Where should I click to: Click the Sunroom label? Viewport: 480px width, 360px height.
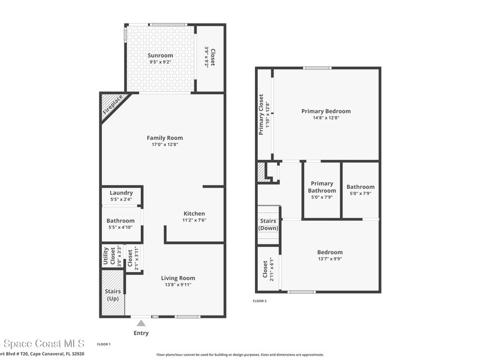pos(160,55)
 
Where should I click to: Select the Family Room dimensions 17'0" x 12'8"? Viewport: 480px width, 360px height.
pos(165,145)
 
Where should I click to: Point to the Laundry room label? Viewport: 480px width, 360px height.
pos(121,193)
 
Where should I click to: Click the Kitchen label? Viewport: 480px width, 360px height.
pos(194,214)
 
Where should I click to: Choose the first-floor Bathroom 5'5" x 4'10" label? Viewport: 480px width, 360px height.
pos(120,221)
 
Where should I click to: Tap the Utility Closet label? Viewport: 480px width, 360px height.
pos(109,256)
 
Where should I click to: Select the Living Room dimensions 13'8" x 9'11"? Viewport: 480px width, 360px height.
pos(178,285)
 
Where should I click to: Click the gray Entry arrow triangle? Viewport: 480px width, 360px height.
pos(141,322)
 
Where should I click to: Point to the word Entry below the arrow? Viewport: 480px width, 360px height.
pos(141,333)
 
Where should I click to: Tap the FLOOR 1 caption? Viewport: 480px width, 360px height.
pos(104,345)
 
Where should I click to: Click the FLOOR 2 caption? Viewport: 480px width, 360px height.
pos(260,301)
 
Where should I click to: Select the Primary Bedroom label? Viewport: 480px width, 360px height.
pos(326,111)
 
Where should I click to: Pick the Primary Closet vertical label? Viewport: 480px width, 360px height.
pos(262,114)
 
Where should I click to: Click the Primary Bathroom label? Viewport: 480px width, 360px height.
pos(322,187)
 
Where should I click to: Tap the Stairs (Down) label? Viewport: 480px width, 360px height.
pos(268,225)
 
